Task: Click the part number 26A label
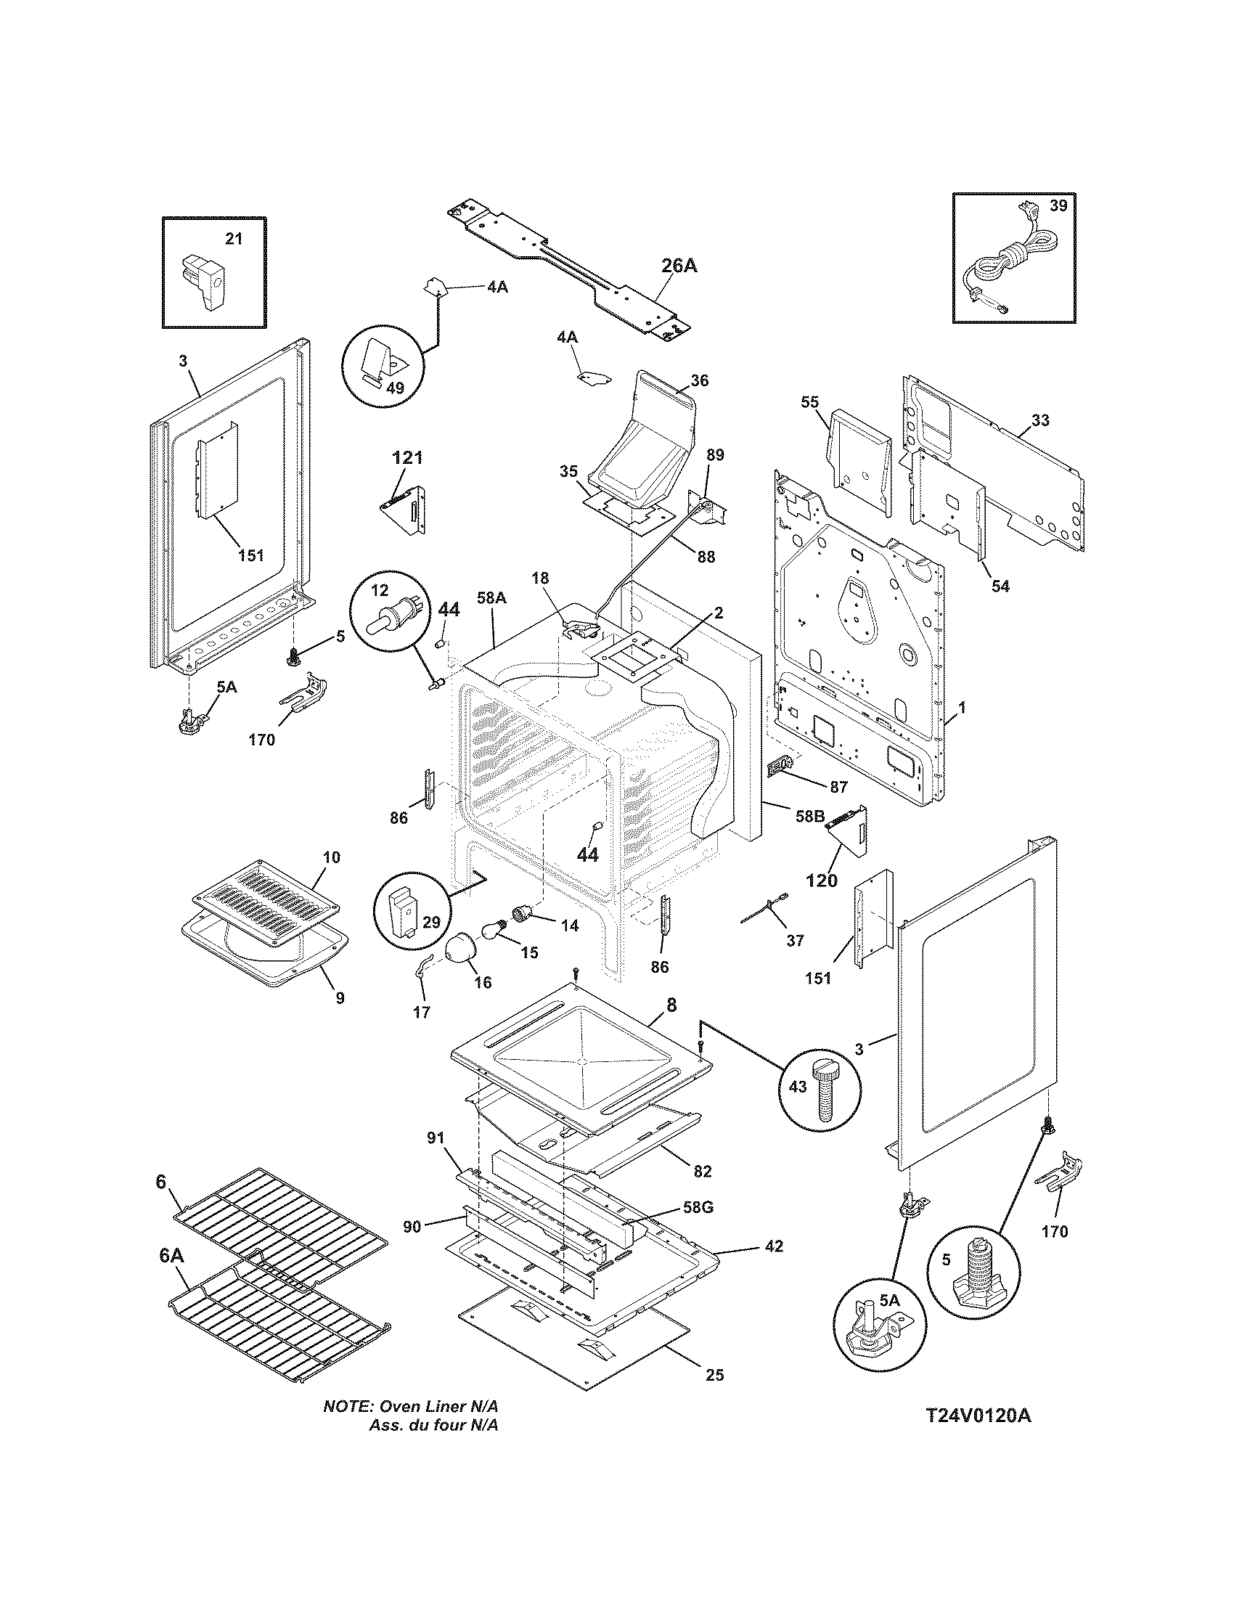[x=679, y=266]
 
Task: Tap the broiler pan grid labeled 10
[x=266, y=894]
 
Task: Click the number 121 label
[x=407, y=459]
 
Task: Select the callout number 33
[x=1040, y=420]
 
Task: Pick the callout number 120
[x=821, y=881]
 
